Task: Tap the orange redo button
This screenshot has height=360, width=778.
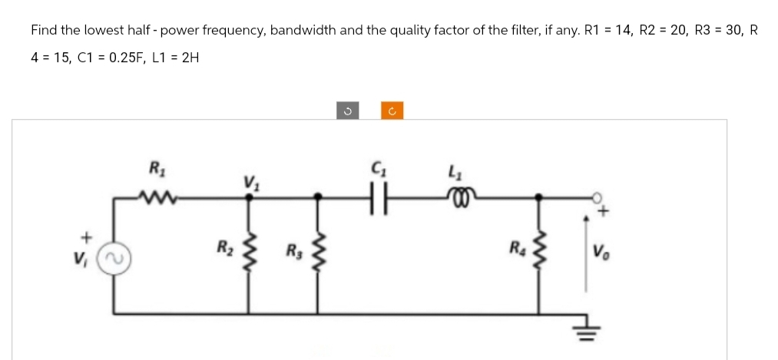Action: (392, 111)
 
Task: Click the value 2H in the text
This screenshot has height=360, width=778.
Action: (189, 58)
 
